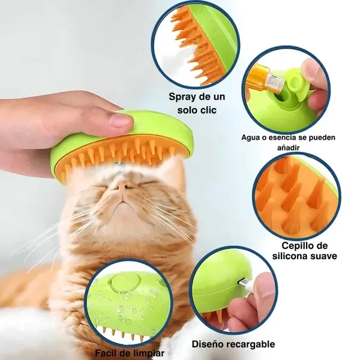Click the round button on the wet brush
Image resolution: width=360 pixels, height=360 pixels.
[122, 287]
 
